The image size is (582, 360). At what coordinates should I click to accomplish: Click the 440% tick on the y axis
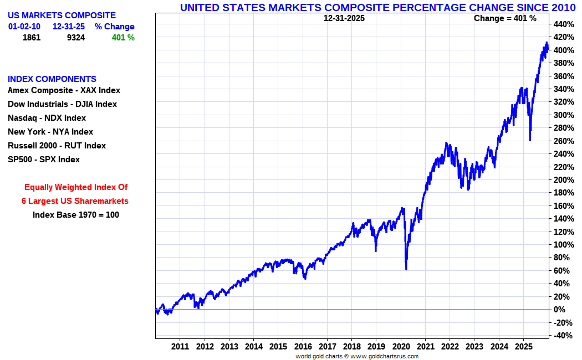(x=563, y=24)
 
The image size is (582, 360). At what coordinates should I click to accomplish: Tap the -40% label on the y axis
(x=562, y=336)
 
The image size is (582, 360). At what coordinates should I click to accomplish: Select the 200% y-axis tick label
(x=563, y=180)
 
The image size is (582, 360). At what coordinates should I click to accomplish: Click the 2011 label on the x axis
(x=180, y=347)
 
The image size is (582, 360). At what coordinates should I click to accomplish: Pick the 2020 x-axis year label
(x=401, y=347)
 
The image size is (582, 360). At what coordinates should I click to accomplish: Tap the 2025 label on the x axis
(x=523, y=347)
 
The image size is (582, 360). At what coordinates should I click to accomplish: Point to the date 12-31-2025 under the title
(x=344, y=18)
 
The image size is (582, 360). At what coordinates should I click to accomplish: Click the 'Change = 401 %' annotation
(x=505, y=18)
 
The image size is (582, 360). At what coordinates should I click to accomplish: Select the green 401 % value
(x=123, y=38)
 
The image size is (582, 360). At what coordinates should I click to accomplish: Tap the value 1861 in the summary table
(x=32, y=38)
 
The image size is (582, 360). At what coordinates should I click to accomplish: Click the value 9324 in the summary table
(x=75, y=38)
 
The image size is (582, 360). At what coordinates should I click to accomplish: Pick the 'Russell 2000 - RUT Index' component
(x=57, y=146)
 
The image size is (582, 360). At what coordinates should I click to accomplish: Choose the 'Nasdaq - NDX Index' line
(x=47, y=118)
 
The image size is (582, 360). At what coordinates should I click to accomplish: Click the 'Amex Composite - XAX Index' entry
(x=64, y=90)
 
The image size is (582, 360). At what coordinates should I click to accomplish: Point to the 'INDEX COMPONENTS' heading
(x=52, y=79)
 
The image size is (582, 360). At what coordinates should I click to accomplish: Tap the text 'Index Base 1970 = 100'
(x=76, y=215)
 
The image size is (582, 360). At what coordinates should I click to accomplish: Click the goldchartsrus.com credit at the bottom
(x=357, y=356)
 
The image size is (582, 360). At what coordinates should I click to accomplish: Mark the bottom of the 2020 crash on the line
(x=406, y=269)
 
